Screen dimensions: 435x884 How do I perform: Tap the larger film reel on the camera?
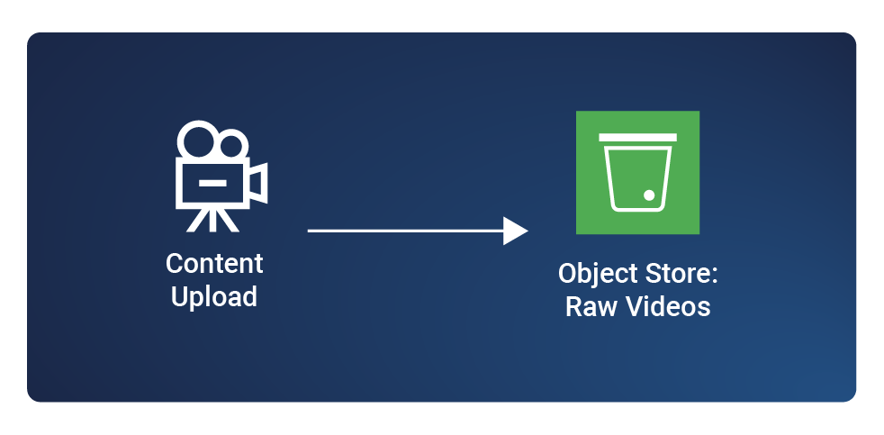pos(197,140)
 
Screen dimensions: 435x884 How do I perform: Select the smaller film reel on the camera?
pos(232,145)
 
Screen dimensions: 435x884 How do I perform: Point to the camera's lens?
pos(257,183)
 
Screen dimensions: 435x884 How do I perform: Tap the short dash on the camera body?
pos(212,183)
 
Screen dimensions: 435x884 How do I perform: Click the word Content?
pos(214,264)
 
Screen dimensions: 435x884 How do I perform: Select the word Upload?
pos(214,296)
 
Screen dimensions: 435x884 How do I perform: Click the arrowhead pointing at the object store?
pos(515,231)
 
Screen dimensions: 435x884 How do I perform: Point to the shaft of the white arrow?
pos(405,231)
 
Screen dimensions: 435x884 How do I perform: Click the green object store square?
pos(637,173)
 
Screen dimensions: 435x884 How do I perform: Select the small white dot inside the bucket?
pos(648,195)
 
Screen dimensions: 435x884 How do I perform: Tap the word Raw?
pos(587,306)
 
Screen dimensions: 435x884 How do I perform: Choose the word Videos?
pos(667,306)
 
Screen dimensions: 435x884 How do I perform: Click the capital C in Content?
pos(176,264)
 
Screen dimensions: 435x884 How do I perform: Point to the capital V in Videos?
pos(632,306)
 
